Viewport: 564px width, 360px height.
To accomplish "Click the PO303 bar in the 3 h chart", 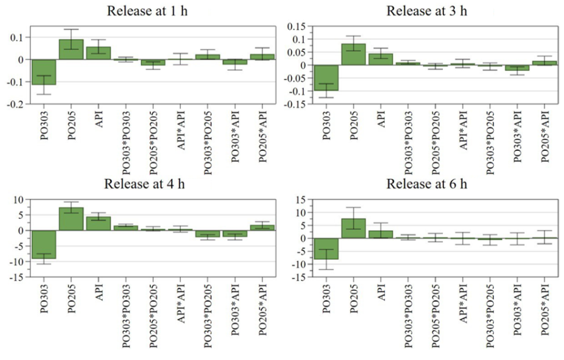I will click(x=326, y=78).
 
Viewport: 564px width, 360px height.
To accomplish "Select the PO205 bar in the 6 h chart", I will click(x=353, y=228).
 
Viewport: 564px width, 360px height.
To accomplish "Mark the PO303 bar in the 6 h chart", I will click(x=326, y=249).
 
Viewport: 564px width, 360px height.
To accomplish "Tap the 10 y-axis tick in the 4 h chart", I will click(x=18, y=200).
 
